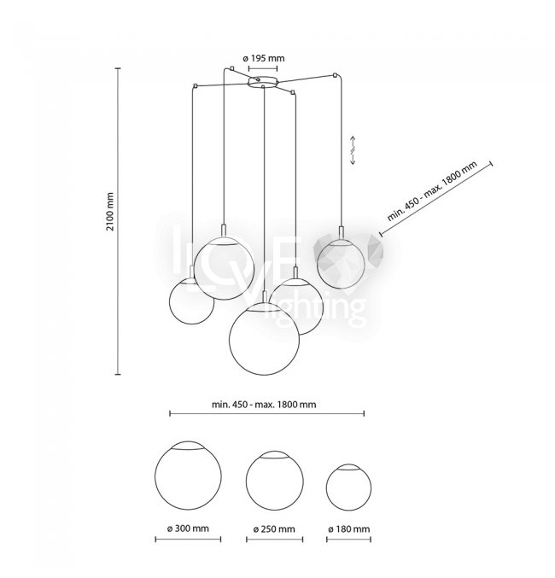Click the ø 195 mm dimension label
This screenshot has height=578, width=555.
pos(264,58)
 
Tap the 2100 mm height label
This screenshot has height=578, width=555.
pos(110,211)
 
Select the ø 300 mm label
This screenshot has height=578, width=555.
pos(188,528)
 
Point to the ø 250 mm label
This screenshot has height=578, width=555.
pos(274,529)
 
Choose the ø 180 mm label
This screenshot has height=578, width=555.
pos(349,529)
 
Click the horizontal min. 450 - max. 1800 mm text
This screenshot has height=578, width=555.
pos(264,405)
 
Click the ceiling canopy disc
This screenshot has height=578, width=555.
pos(262,82)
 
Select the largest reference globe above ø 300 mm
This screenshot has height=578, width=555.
pos(188,476)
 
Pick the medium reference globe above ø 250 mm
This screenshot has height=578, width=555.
pos(275,481)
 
